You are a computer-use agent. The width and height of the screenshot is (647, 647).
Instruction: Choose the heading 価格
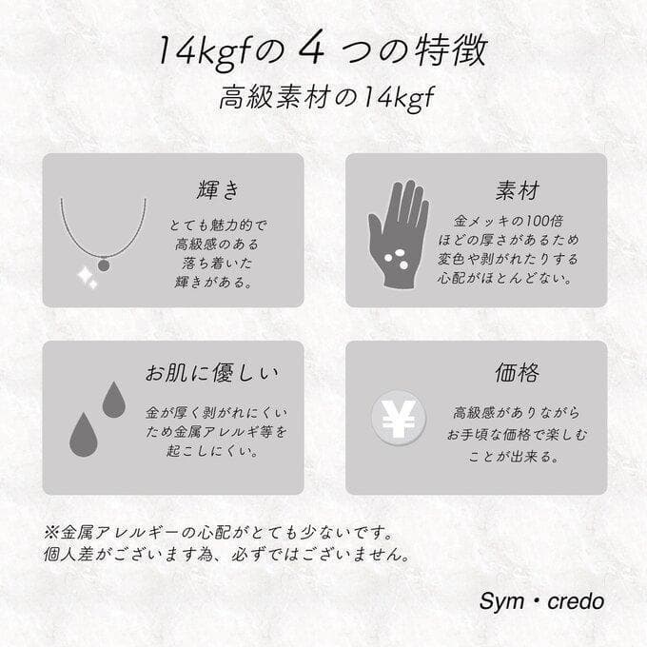pos(518,372)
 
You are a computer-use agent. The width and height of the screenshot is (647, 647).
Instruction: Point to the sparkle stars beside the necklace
pos(87,278)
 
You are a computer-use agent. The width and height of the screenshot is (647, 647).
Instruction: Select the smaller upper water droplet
pos(114,401)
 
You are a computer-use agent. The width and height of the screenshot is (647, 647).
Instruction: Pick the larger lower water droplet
pos(84,435)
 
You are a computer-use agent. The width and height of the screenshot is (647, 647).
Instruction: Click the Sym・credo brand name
pos(541,602)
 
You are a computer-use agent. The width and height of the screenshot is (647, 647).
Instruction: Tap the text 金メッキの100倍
pos(518,219)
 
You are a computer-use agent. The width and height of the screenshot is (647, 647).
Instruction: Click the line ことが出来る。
pos(518,455)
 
